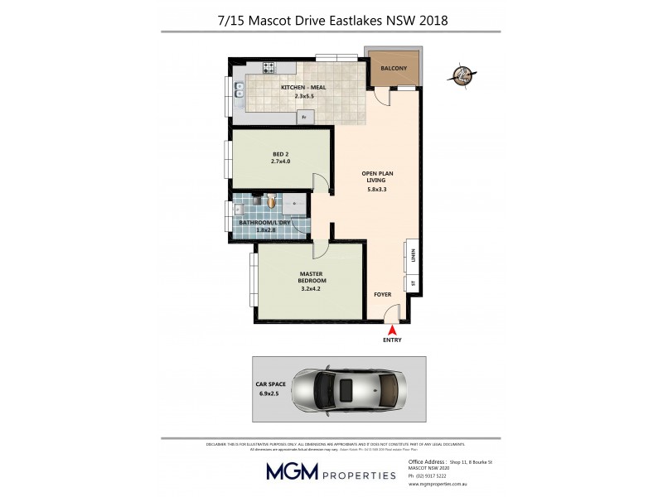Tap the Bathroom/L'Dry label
[x=264, y=222]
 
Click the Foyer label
[x=382, y=295]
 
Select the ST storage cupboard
[x=411, y=284]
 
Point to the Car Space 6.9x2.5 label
[x=270, y=389]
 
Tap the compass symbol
[x=461, y=74]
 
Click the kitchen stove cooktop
[x=269, y=68]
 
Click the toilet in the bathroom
[x=272, y=200]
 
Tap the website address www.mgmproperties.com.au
[x=440, y=484]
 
